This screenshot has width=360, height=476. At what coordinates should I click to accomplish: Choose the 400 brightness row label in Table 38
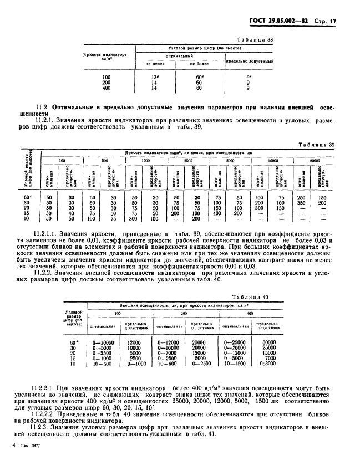(107, 88)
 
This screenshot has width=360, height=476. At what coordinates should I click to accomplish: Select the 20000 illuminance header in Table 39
(317, 160)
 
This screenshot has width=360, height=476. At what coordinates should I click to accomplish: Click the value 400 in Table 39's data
(219, 213)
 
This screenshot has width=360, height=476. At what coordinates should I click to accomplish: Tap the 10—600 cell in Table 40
(167, 364)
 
